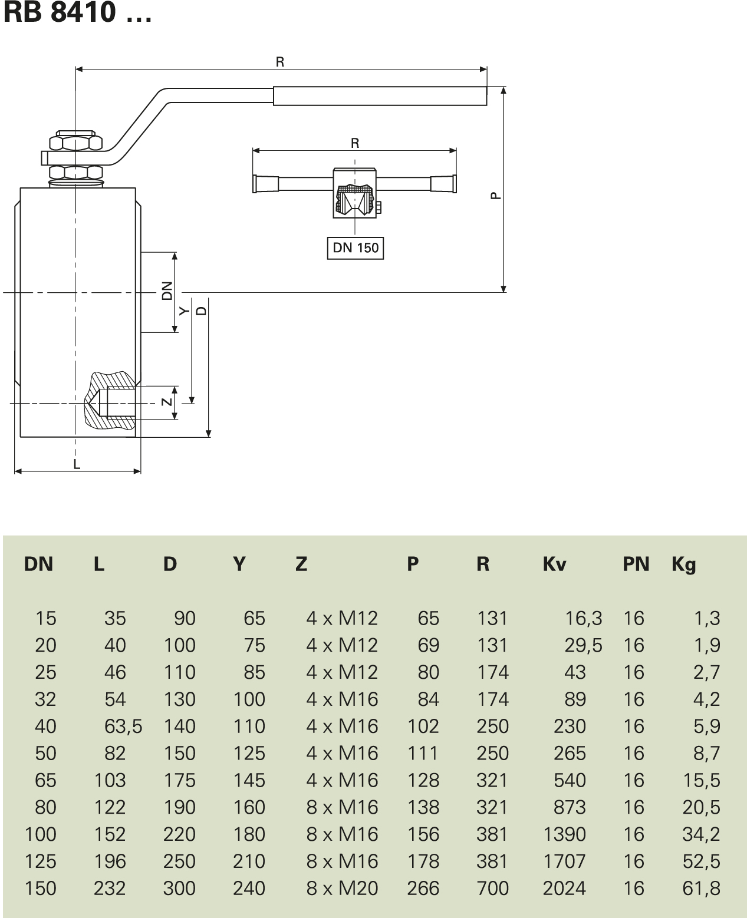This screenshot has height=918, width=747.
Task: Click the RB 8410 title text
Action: click(77, 12)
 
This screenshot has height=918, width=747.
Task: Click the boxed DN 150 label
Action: click(355, 247)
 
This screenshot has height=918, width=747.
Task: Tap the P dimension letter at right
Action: click(496, 194)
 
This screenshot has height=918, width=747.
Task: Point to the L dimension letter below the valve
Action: click(77, 464)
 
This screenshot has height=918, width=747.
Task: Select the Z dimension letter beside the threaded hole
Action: click(167, 402)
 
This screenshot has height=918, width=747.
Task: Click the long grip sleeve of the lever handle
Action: click(380, 96)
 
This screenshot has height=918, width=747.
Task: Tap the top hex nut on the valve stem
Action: click(76, 143)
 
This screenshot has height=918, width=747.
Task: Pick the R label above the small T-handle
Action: click(355, 143)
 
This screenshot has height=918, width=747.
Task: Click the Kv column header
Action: click(554, 564)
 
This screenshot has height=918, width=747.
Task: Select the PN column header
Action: click(636, 564)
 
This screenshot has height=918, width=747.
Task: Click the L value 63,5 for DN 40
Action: click(123, 726)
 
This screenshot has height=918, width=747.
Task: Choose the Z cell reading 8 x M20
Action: click(342, 888)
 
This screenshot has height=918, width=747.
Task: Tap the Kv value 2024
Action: click(564, 888)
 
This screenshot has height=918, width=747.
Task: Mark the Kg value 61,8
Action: click(701, 888)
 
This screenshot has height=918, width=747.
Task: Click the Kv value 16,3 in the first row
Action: click(583, 618)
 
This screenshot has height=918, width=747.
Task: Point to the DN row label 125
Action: click(41, 861)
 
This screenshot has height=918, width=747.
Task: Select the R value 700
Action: click(492, 888)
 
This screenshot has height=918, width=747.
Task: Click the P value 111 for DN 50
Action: click(423, 753)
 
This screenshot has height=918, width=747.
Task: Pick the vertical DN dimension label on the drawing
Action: click(167, 292)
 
